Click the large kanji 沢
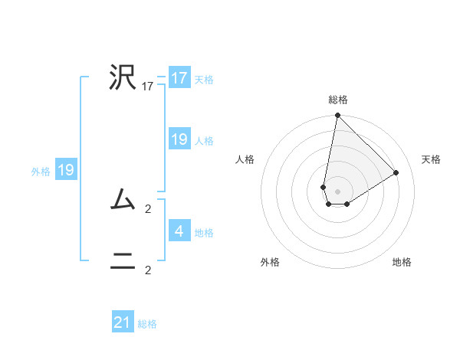click(123, 77)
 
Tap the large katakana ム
click(123, 201)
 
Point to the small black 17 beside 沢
click(148, 87)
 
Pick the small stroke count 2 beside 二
click(148, 270)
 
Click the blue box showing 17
click(179, 78)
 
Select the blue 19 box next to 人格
click(179, 139)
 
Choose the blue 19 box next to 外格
click(66, 170)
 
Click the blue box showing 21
click(123, 322)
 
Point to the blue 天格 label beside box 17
click(204, 79)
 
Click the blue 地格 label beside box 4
click(204, 232)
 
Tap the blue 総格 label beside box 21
click(147, 324)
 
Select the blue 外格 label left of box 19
click(41, 172)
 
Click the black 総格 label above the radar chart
click(338, 100)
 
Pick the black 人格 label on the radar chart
click(245, 159)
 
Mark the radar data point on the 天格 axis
click(396, 172)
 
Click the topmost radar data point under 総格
click(337, 116)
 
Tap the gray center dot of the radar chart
click(338, 191)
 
